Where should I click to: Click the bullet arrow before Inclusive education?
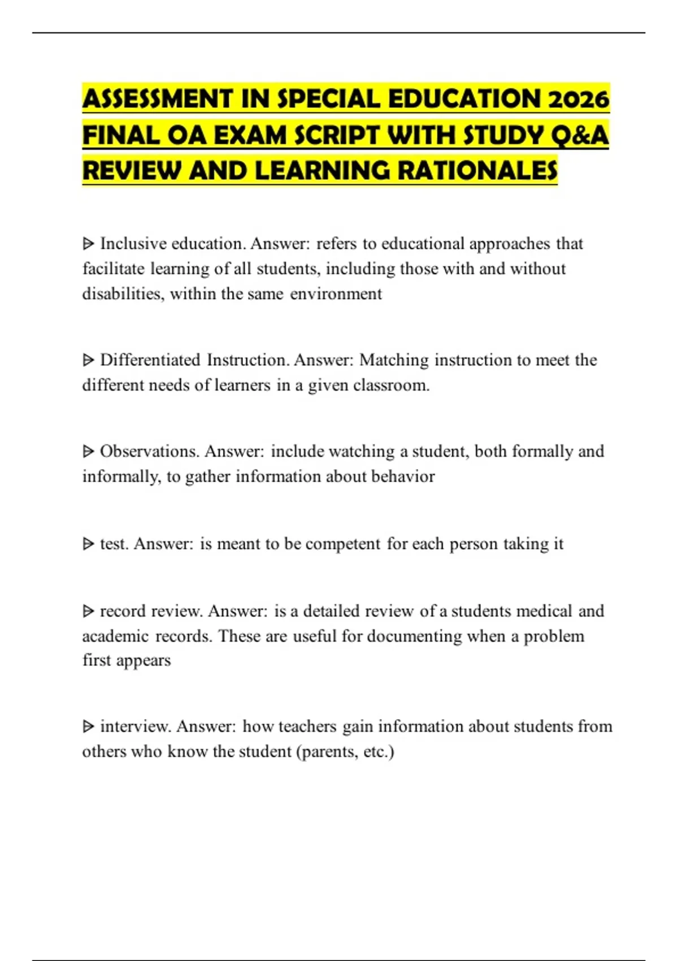click(x=88, y=244)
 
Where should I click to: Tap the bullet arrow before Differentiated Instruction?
click(x=88, y=360)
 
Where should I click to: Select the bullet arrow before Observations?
click(x=88, y=451)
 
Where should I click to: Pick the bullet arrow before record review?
click(x=88, y=611)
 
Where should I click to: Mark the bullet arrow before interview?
click(x=88, y=726)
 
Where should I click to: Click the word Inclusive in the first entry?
click(x=133, y=244)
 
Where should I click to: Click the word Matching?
click(x=394, y=360)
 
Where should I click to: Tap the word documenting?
click(x=414, y=637)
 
